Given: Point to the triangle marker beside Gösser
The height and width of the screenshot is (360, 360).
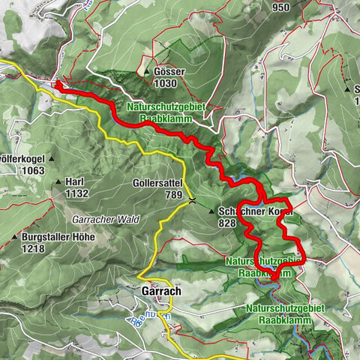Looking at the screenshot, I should pyautogui.click(x=145, y=72).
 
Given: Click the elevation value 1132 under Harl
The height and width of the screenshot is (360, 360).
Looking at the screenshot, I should pyautogui.click(x=76, y=193).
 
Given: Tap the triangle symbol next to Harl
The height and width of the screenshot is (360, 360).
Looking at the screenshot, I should pyautogui.click(x=58, y=182).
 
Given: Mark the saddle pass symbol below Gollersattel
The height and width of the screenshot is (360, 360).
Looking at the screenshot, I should pyautogui.click(x=193, y=200).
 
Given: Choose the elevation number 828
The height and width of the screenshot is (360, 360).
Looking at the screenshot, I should pyautogui.click(x=228, y=223).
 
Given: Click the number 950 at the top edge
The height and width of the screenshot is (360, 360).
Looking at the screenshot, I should pyautogui.click(x=281, y=7).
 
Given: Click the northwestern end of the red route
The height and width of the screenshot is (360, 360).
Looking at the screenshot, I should pyautogui.click(x=56, y=85).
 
